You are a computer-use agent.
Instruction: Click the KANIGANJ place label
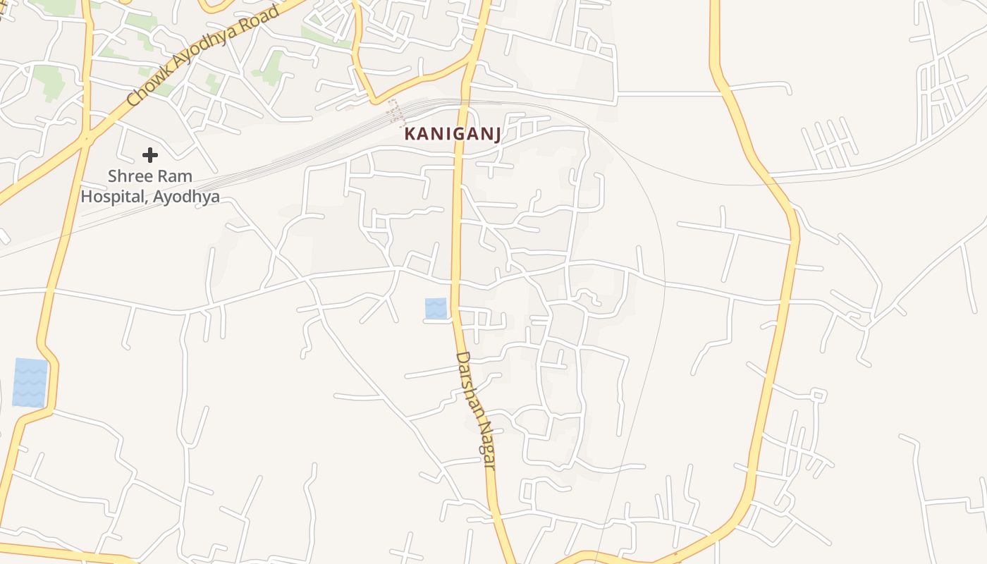(453, 134)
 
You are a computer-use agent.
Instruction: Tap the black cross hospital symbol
(149, 154)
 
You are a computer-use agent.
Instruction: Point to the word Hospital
(113, 196)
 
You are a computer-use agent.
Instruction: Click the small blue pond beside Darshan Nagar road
(436, 308)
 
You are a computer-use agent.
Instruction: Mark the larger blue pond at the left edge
(30, 383)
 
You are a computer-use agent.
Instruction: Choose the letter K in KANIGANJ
(410, 134)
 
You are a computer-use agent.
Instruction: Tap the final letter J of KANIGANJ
(497, 134)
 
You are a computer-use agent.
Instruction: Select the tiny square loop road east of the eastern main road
(818, 395)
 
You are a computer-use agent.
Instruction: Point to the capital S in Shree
(113, 176)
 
